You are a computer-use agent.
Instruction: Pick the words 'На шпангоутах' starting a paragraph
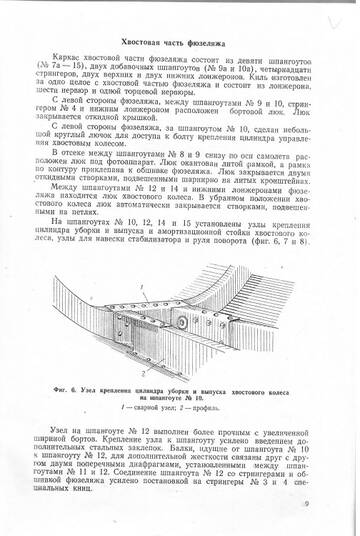pos(88,222)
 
